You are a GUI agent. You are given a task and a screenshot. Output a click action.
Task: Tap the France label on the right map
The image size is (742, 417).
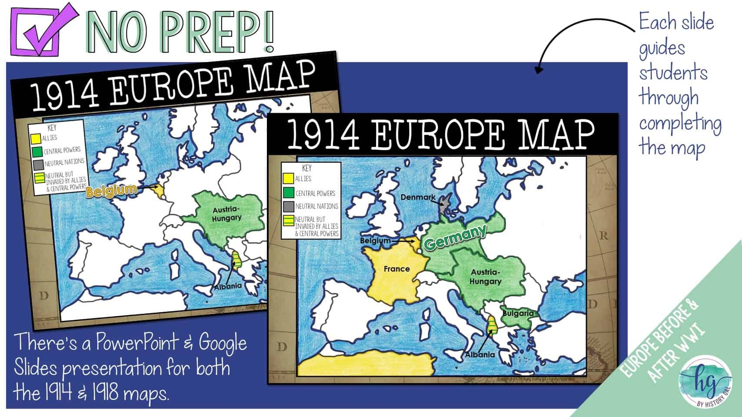click(x=396, y=269)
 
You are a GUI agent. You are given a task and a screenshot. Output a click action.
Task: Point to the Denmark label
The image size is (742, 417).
click(x=418, y=197)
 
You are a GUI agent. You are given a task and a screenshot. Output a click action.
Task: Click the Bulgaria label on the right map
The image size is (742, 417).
click(x=518, y=313)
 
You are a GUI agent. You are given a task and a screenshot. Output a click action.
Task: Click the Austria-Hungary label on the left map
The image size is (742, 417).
click(x=226, y=214)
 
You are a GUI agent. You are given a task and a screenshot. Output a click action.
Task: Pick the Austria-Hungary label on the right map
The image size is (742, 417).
click(x=485, y=277)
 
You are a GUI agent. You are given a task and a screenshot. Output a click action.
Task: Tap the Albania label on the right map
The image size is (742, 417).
click(x=480, y=354)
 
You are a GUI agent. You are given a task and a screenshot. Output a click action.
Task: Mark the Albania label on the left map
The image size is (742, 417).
click(x=227, y=286)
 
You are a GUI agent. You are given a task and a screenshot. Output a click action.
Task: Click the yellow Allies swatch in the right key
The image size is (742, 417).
click(x=288, y=179)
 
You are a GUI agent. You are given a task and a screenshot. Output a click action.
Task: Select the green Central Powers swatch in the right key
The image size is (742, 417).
click(x=288, y=192)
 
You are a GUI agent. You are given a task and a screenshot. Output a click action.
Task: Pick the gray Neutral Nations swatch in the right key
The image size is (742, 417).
click(x=288, y=206)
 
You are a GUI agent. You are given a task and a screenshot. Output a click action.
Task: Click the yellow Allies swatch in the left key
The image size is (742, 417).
click(x=36, y=138)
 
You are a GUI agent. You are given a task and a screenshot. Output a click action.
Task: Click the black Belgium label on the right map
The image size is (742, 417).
click(x=375, y=241)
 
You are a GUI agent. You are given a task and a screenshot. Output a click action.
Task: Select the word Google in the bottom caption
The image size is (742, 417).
click(x=223, y=343)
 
